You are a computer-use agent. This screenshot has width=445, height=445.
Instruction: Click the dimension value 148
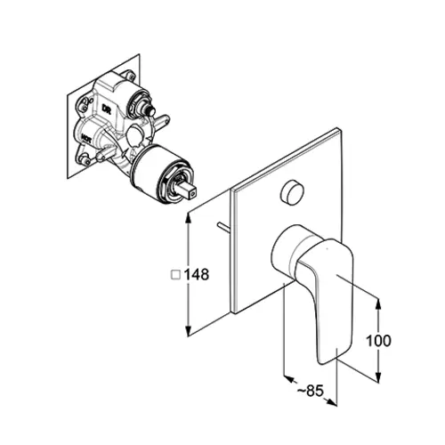(197, 274)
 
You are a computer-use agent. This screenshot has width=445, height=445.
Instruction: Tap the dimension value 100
(378, 341)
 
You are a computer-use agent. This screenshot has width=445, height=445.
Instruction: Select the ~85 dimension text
(311, 391)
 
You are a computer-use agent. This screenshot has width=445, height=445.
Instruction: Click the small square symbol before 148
(176, 274)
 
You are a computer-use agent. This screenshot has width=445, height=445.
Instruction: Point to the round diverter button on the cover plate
(292, 191)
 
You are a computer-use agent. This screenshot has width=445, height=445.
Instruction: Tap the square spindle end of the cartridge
(189, 190)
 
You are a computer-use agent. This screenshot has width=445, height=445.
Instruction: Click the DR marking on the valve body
(106, 109)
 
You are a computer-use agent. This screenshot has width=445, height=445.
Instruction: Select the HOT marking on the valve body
(85, 138)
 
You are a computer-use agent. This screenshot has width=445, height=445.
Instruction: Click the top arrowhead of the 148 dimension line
(188, 216)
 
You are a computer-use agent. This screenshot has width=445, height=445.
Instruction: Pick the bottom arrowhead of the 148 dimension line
(188, 332)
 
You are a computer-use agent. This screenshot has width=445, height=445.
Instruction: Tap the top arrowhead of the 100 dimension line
(378, 304)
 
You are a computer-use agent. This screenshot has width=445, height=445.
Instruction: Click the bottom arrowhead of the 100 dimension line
(378, 376)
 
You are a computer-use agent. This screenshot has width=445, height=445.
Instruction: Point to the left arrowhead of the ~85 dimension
(288, 379)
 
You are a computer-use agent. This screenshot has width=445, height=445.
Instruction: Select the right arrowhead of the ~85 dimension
(331, 401)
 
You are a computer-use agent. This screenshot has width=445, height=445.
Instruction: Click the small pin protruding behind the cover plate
(223, 227)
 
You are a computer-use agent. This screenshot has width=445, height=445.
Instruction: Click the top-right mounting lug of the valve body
(130, 75)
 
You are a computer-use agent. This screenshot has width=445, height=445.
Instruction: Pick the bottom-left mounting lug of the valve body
(85, 158)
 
